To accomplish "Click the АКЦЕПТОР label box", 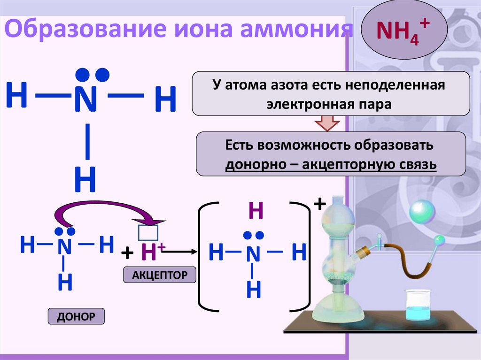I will click(159, 275).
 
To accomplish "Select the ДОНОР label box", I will click(76, 317).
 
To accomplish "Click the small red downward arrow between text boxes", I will click(326, 124).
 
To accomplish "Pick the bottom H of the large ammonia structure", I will click(85, 181).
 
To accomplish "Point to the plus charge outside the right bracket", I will click(319, 205).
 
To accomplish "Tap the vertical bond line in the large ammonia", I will click(87, 141).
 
